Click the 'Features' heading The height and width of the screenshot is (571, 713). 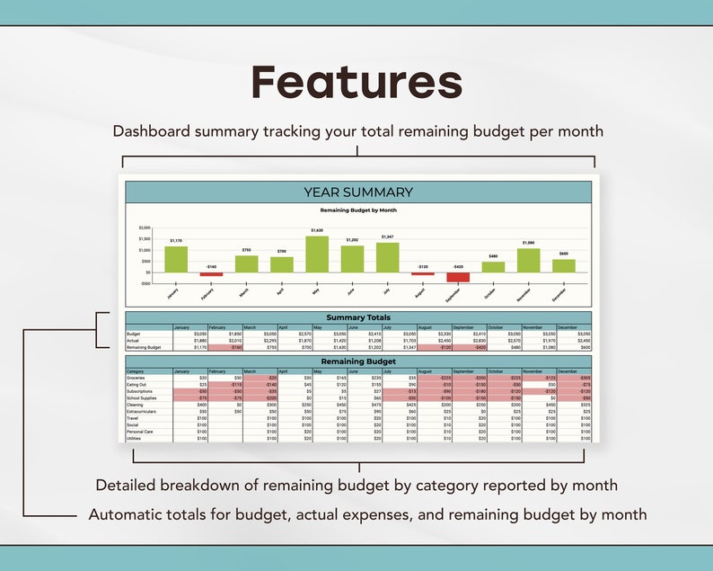[356, 82]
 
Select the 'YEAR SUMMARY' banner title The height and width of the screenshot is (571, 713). [358, 192]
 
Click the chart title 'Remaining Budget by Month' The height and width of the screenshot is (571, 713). [358, 210]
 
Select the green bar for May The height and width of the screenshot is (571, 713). [317, 254]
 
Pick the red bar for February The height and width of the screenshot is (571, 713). [211, 274]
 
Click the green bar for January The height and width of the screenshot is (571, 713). [176, 259]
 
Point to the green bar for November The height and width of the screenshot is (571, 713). [528, 260]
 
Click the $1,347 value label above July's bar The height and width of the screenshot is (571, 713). [388, 237]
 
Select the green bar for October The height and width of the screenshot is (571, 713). [493, 267]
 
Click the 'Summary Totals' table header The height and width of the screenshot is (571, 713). [358, 317]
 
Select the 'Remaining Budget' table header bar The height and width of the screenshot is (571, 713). [358, 361]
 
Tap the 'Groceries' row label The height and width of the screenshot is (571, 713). [136, 379]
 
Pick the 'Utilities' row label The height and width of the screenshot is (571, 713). [134, 438]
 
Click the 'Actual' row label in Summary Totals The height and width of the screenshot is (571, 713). [133, 341]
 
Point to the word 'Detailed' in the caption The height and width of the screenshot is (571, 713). [127, 486]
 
